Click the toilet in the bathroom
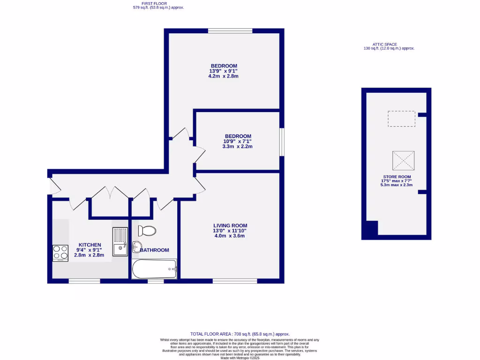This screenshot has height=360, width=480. point(147,230)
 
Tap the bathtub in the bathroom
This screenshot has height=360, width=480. point(154,269)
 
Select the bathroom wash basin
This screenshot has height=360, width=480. point(136,247)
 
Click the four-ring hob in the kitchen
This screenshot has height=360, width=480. point(60,253)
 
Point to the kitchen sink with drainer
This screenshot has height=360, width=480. point(120,241)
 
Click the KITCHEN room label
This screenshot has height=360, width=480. point(90,245)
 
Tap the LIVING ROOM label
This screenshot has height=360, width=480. point(230,225)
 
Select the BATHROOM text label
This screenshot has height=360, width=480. point(155,250)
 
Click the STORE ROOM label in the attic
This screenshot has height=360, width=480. point(397,177)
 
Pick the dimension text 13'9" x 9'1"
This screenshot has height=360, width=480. point(224,71)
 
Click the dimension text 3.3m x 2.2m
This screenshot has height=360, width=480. point(237,146)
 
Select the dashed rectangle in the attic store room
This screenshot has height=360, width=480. point(401,119)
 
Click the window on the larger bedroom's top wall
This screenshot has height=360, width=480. point(230,31)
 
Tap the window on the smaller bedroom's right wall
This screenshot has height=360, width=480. point(282,142)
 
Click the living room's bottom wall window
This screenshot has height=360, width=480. point(234,281)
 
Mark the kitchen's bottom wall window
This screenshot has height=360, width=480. point(84,281)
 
